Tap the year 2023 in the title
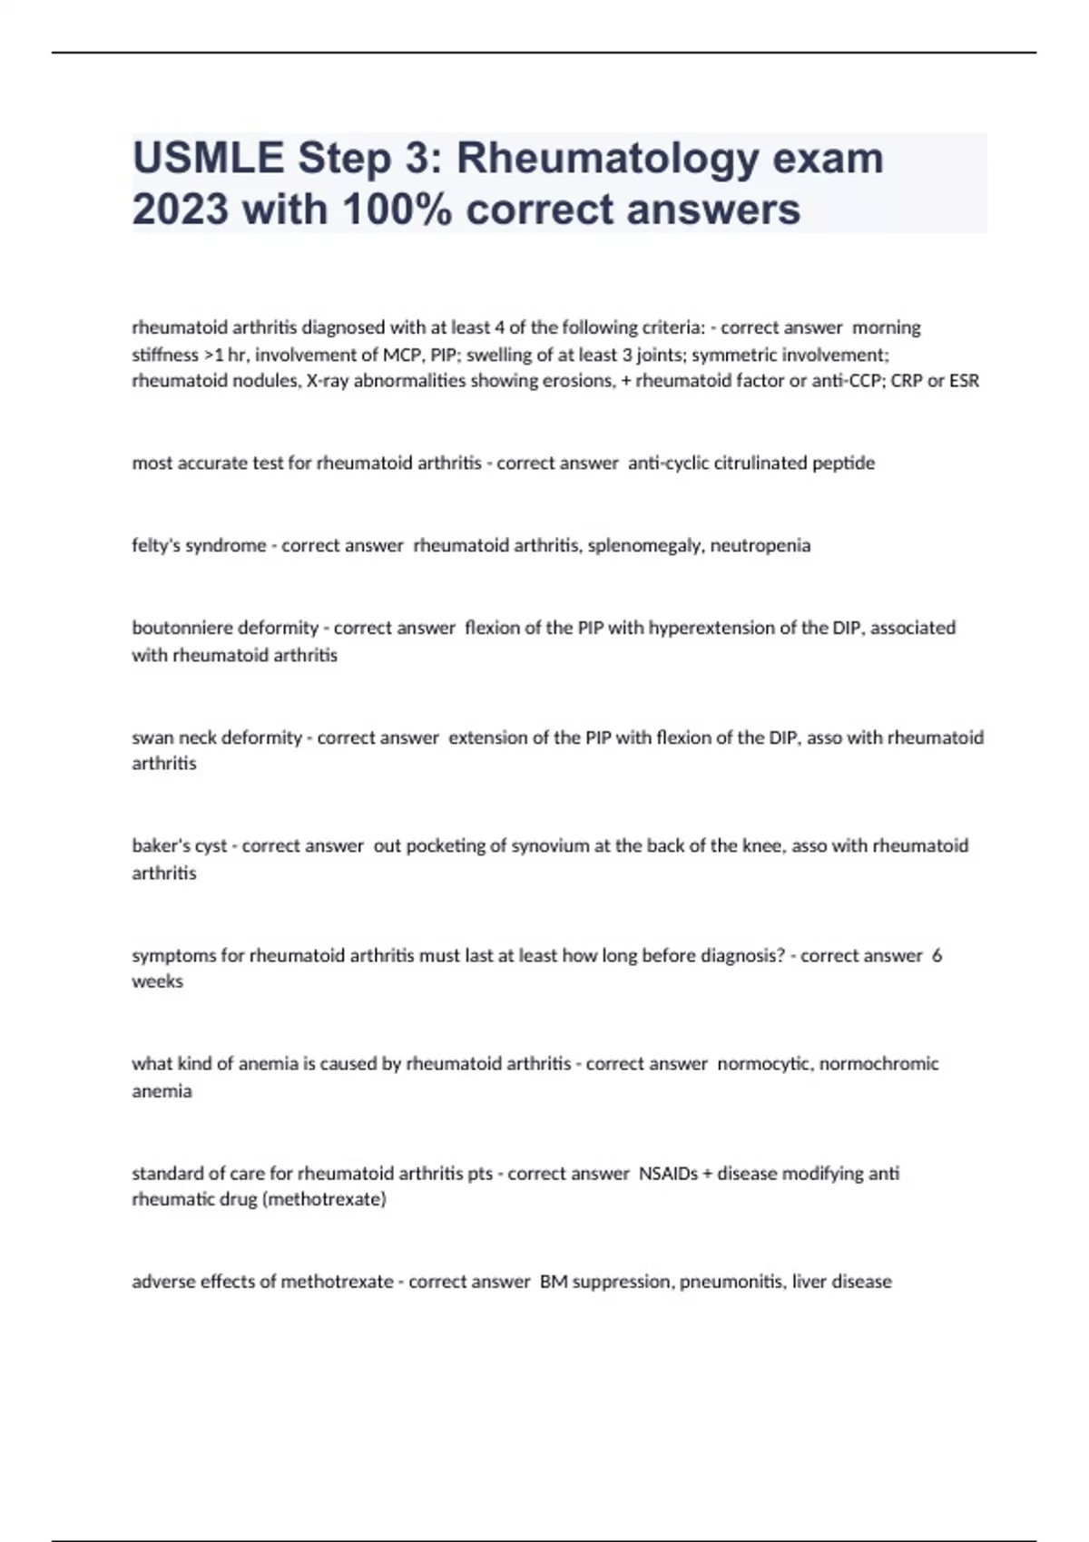180,210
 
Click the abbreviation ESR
964,381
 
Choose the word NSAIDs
668,1173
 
